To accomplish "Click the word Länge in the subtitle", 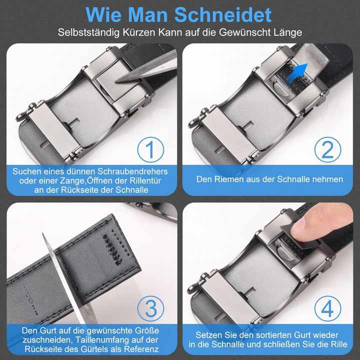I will (286, 33).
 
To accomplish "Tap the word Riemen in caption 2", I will (232, 179).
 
